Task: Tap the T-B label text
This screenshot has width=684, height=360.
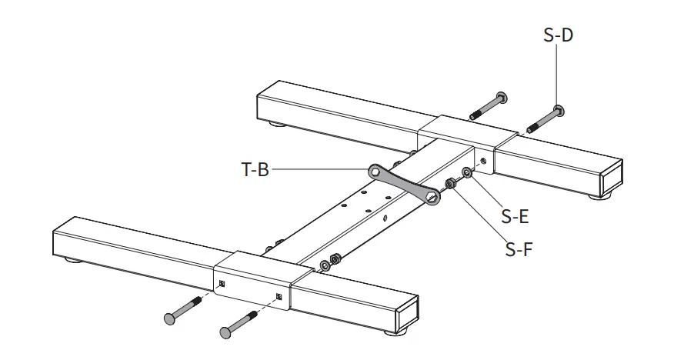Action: [x=254, y=170]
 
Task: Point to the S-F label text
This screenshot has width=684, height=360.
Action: [x=519, y=248]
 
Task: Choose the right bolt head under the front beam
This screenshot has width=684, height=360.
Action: [x=225, y=332]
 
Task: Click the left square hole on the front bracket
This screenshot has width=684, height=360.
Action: [x=220, y=284]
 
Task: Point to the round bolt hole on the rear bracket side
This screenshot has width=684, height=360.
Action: [x=482, y=162]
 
